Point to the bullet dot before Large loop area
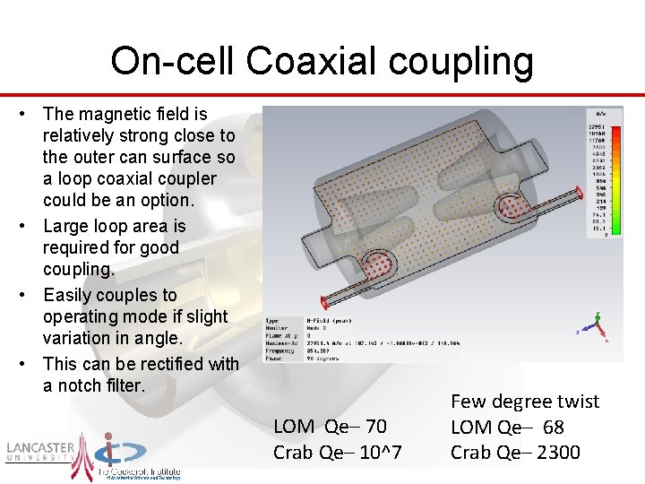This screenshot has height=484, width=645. coord(30,227)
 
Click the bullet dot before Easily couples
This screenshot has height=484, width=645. coord(30,296)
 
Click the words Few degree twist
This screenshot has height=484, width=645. coord(525,402)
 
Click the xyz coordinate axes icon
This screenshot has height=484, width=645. coord(596,327)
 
